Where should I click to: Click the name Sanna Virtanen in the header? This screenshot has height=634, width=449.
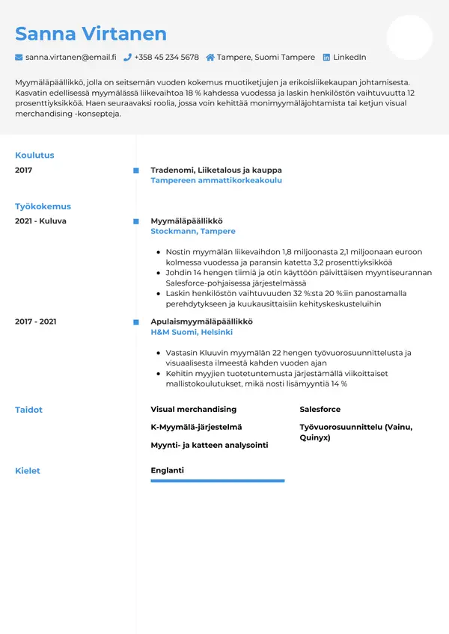point(91,34)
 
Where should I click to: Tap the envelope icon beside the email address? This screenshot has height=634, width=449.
point(19,58)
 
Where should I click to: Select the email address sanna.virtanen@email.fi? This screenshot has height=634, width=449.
point(70,58)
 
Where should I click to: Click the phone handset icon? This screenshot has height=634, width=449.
point(127,58)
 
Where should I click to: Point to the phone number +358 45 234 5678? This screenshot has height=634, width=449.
point(167,58)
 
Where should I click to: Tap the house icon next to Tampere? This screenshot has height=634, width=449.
point(210,58)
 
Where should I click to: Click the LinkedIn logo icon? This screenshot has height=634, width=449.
point(326,58)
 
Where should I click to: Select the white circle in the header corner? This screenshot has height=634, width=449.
point(409,37)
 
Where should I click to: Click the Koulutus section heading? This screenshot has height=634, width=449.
point(34,156)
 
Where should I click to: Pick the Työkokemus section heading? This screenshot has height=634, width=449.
point(43,206)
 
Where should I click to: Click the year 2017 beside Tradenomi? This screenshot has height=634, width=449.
point(24,170)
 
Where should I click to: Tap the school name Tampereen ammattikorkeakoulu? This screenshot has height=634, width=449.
point(216,181)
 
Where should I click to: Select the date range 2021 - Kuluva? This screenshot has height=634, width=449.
point(40,221)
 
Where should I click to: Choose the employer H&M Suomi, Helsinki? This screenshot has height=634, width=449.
point(192,332)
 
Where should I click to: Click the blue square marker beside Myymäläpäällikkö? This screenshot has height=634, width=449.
point(136,221)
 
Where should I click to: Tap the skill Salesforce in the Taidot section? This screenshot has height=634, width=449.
point(320,410)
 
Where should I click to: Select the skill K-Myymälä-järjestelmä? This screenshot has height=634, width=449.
point(196,427)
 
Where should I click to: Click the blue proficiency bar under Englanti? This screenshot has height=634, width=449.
point(218,481)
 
